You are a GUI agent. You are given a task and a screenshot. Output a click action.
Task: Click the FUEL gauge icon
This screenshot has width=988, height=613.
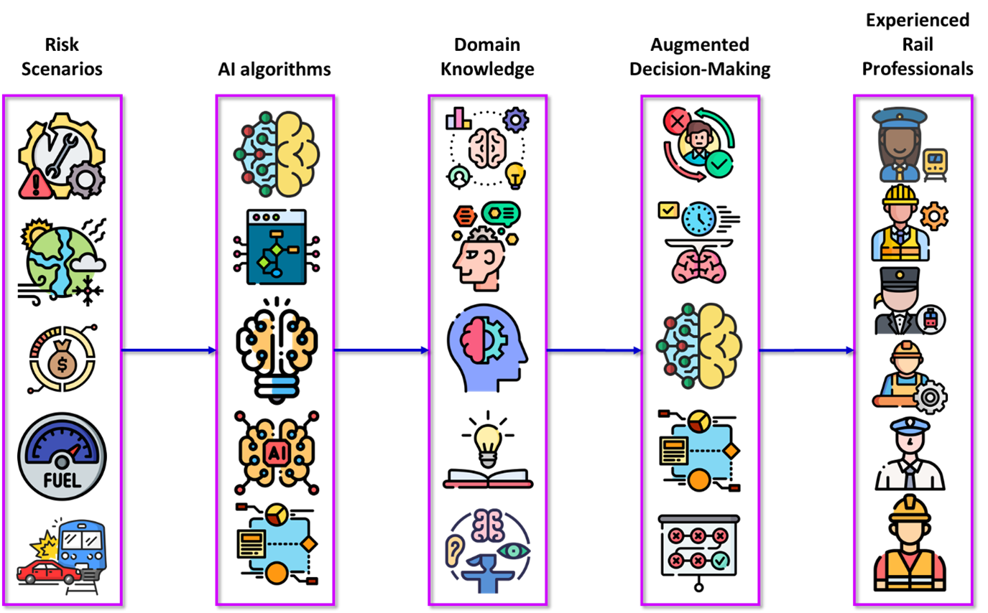pyautogui.click(x=62, y=457)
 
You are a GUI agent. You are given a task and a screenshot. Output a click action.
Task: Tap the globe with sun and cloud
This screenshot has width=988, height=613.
pyautogui.click(x=61, y=261)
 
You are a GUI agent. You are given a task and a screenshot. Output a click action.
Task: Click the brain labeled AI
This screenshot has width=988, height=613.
pyautogui.click(x=277, y=452)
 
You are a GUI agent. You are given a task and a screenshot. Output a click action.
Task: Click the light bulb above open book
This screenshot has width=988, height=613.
pyautogui.click(x=488, y=439)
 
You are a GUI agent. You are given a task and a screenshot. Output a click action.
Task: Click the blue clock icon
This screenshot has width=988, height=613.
pyautogui.click(x=698, y=218)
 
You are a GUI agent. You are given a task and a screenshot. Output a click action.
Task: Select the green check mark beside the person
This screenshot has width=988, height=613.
pyautogui.click(x=719, y=164)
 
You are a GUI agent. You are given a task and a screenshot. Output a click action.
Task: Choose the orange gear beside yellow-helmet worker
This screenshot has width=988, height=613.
pyautogui.click(x=934, y=216)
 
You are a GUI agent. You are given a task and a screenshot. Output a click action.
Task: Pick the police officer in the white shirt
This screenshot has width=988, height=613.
pyautogui.click(x=910, y=455)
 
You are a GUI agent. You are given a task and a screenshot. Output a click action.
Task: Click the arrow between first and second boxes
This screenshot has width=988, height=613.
pyautogui.click(x=168, y=350)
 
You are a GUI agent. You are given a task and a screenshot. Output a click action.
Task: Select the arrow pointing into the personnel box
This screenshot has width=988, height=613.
pyautogui.click(x=806, y=350)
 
